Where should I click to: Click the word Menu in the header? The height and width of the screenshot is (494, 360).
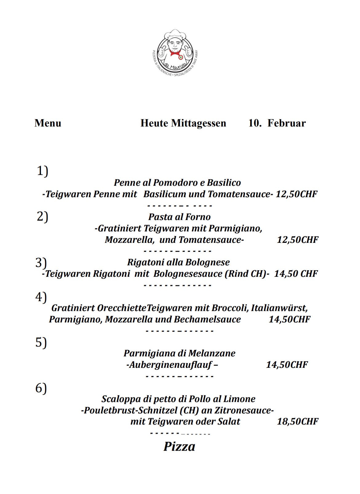pyautogui.click(x=48, y=123)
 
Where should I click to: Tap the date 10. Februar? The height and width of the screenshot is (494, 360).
pyautogui.click(x=277, y=123)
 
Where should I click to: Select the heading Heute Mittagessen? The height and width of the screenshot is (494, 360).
pyautogui.click(x=183, y=123)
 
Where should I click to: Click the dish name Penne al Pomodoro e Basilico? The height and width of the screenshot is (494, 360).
pyautogui.click(x=177, y=183)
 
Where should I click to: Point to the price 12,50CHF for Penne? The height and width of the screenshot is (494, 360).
pyautogui.click(x=296, y=194)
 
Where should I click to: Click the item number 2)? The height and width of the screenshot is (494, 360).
pyautogui.click(x=42, y=217)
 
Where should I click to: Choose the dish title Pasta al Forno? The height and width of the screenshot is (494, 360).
pyautogui.click(x=179, y=217)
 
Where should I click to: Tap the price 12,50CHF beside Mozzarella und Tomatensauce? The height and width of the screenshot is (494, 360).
pyautogui.click(x=298, y=240)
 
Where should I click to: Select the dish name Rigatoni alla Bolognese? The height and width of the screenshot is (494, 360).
pyautogui.click(x=178, y=262)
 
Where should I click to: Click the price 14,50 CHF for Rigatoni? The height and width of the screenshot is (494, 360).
pyautogui.click(x=296, y=274)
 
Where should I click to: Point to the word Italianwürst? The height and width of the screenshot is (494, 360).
pyautogui.click(x=279, y=308)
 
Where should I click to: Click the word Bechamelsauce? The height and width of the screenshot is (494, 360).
pyautogui.click(x=207, y=319)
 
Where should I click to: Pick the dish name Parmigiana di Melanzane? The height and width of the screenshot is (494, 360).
pyautogui.click(x=179, y=353)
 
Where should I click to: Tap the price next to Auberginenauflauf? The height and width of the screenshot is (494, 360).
pyautogui.click(x=287, y=365)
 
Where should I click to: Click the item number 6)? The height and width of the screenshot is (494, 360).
pyautogui.click(x=41, y=388)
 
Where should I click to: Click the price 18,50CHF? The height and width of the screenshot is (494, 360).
pyautogui.click(x=298, y=421)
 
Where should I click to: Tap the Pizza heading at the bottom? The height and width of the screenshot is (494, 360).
pyautogui.click(x=179, y=447)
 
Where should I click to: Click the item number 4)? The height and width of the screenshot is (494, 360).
pyautogui.click(x=41, y=297)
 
